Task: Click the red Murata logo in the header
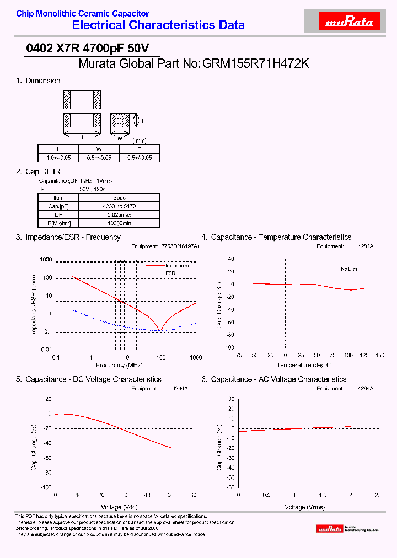coord(350,22)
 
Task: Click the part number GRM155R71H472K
coord(256,64)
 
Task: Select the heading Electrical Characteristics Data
coord(158,25)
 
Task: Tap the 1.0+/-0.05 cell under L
coord(58,158)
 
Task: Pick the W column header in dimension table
coord(99,149)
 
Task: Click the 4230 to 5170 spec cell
coord(119,206)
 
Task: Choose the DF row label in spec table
coord(58,214)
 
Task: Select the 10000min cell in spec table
coord(119,223)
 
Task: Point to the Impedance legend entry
coord(176,266)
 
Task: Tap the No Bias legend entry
coord(350,269)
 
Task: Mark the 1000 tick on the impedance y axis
coord(46,260)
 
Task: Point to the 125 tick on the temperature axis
coord(364,356)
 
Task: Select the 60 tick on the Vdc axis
coord(193,495)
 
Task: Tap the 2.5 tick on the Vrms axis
coord(378,495)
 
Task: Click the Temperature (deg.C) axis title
coord(305,365)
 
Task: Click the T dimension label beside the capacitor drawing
coord(142,120)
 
